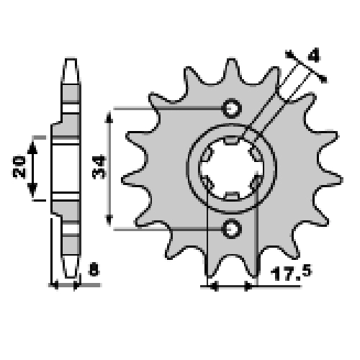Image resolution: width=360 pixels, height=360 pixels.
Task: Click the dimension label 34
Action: point(99,167)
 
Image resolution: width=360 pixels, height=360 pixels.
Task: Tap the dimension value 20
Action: point(19,167)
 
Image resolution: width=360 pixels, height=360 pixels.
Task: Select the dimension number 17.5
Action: point(291,273)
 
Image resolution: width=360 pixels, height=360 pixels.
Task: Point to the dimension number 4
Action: point(314,55)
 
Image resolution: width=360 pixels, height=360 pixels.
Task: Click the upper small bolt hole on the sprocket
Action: point(232,108)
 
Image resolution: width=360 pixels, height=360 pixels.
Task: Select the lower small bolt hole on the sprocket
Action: point(232,229)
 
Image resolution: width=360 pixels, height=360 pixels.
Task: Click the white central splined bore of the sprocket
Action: point(232,168)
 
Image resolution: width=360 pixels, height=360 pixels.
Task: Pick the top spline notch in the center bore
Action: point(232,140)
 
